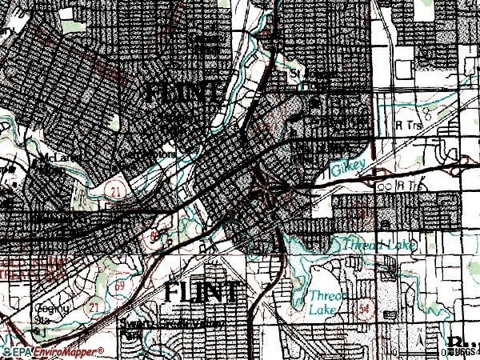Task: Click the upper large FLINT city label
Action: [x=182, y=94]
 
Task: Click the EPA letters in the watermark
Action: [x=23, y=351]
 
